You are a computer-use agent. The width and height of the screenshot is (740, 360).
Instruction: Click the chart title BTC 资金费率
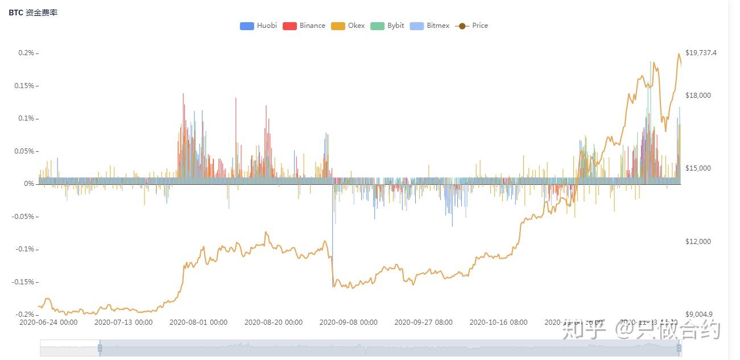tap(33, 13)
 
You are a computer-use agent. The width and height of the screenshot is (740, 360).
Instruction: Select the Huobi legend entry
tap(258, 26)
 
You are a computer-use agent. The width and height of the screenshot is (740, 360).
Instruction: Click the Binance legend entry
tap(304, 26)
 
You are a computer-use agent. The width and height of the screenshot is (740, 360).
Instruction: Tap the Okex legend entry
tap(348, 26)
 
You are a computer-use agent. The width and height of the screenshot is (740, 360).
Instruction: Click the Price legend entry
tap(472, 26)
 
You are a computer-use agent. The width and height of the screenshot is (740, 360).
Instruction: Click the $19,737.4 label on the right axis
tap(701, 53)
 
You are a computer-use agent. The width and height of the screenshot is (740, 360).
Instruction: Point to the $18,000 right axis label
tap(698, 95)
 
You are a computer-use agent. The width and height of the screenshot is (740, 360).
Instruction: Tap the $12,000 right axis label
tap(698, 242)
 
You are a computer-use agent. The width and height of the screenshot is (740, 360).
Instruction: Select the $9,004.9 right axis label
tap(699, 315)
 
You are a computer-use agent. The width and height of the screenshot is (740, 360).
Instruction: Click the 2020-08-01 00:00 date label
tap(199, 322)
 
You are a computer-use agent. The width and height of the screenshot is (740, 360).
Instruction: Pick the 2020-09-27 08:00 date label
tap(424, 322)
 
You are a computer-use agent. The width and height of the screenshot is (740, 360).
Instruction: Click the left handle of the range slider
tap(100, 347)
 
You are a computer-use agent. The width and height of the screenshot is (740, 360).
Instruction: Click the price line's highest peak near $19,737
tap(679, 54)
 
